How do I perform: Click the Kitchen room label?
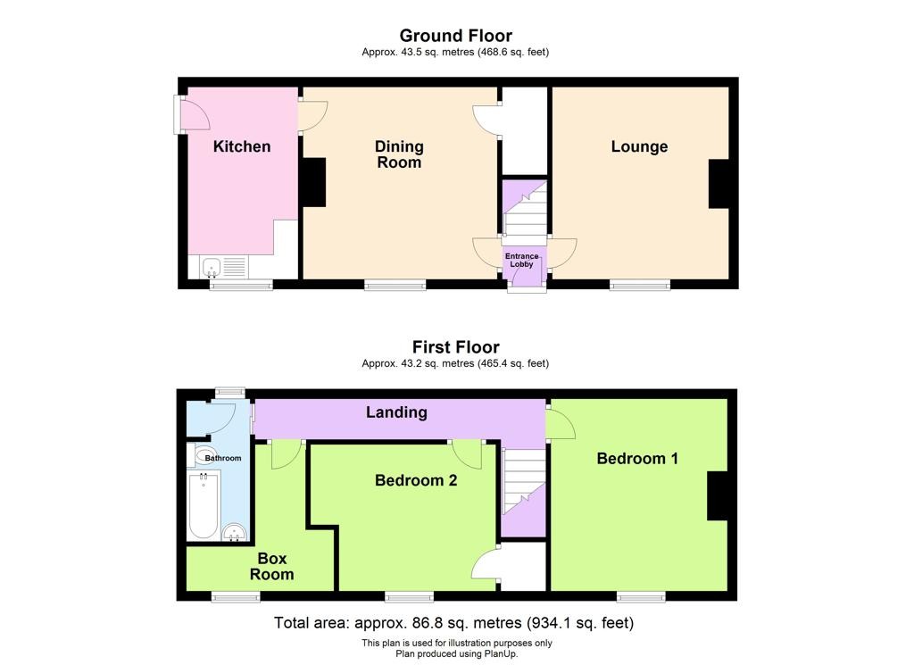242,146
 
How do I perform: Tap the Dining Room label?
399,154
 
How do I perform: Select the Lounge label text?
639,147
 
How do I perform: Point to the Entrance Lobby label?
521,260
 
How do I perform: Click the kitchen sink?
211,268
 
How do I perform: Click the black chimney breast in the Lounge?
719,184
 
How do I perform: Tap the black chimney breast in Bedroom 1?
718,495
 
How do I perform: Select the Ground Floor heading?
456,36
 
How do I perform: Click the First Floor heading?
456,347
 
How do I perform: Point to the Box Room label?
271,567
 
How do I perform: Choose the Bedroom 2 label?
416,480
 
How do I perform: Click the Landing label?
396,412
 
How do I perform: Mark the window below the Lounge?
640,285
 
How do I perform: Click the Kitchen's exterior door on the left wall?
193,114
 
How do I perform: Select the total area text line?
453,623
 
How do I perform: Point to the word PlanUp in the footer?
502,654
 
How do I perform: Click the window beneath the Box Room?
236,596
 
